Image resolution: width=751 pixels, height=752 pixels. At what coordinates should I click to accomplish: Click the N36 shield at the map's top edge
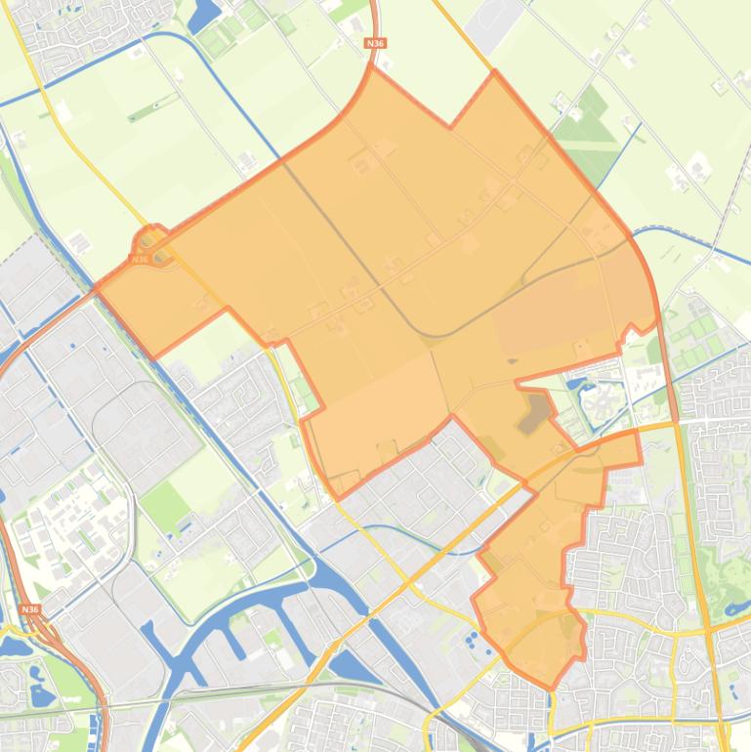[373, 43]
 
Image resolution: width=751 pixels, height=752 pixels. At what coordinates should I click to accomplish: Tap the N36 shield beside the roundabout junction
[139, 259]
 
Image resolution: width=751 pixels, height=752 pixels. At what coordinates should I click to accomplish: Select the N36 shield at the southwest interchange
[30, 609]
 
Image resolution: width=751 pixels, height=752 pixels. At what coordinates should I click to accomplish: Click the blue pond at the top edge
[206, 14]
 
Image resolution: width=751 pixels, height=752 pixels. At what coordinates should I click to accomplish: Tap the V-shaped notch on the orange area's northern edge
[450, 126]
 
